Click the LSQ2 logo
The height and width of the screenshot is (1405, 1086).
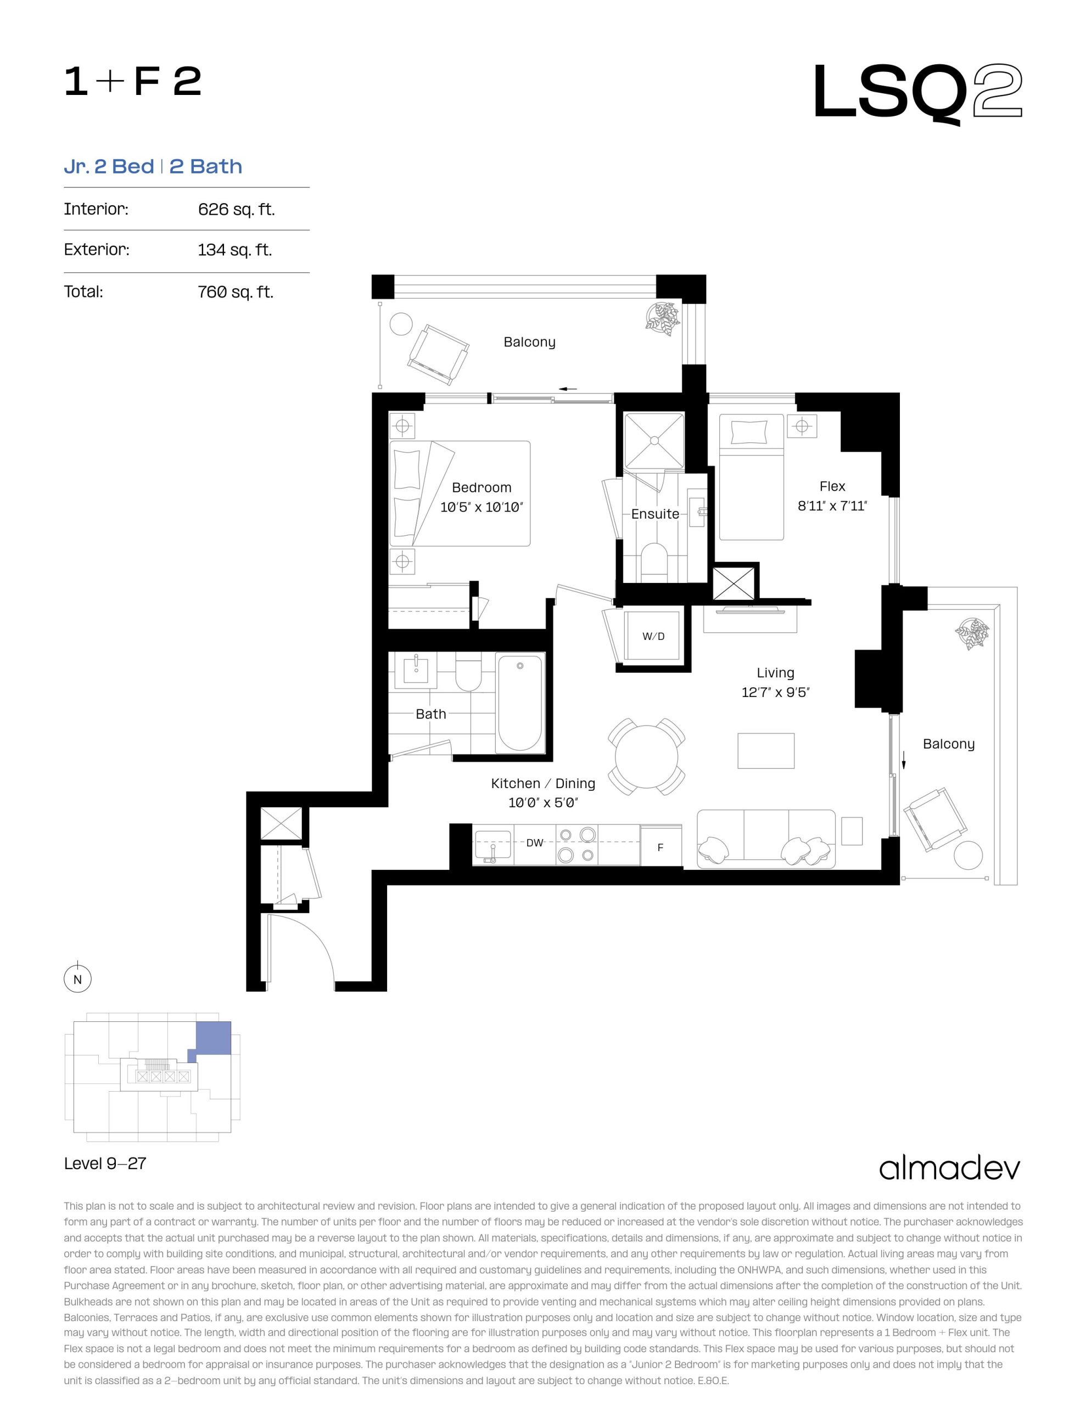(917, 93)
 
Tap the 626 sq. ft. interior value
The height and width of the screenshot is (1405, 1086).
(236, 209)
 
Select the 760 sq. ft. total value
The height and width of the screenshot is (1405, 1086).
(236, 292)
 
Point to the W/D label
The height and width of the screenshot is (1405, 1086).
(653, 636)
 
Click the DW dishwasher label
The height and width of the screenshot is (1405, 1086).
(534, 843)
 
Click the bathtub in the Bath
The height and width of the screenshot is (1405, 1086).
(520, 702)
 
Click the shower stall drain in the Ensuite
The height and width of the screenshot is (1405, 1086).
(654, 441)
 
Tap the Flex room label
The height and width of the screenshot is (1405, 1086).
(832, 486)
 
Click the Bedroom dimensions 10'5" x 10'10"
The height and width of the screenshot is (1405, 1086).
(482, 507)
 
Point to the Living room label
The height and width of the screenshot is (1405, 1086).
(775, 672)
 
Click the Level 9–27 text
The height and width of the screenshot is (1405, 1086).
(105, 1163)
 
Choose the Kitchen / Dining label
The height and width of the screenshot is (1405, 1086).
(542, 783)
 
